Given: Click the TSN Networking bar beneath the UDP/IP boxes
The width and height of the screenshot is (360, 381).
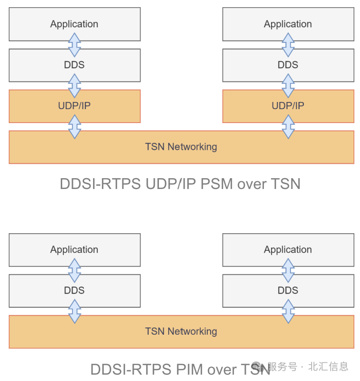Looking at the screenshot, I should [181, 147].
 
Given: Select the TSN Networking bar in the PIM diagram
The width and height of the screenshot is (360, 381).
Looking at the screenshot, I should [181, 332].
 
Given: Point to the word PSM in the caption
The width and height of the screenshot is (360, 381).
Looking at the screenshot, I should [218, 184].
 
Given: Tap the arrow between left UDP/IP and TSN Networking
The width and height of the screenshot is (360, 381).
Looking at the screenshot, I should [75, 127].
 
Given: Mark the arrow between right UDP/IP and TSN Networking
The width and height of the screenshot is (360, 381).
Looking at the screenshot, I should [289, 127].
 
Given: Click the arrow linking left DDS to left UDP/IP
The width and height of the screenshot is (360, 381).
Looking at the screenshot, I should [75, 86].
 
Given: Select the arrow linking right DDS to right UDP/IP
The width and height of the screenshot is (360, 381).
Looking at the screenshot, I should [289, 86].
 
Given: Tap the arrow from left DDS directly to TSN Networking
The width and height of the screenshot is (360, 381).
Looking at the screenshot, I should [75, 311].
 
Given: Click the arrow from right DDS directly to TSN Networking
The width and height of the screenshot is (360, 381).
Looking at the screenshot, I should [289, 311].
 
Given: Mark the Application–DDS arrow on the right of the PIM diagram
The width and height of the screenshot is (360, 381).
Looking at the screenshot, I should [289, 270].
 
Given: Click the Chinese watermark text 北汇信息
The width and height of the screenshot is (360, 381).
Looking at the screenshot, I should [328, 367].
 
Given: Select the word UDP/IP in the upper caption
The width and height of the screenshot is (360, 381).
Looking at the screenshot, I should [167, 184].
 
